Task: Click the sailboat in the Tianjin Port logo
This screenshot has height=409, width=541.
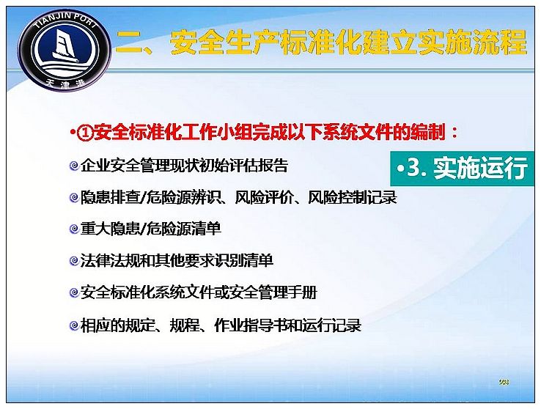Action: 65,45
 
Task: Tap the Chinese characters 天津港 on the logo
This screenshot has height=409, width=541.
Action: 65,83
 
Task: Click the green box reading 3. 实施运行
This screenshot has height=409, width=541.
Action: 463,169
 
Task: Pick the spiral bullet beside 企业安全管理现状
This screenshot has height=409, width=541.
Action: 74,166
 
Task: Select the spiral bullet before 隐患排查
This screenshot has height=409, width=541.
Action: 74,198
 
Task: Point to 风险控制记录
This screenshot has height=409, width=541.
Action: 353,197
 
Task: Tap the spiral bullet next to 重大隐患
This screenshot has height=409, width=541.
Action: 74,229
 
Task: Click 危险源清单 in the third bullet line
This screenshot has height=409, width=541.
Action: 184,229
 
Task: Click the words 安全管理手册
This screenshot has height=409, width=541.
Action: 273,292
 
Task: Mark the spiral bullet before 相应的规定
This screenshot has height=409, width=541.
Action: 74,325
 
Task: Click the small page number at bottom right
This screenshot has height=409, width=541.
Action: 504,382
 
